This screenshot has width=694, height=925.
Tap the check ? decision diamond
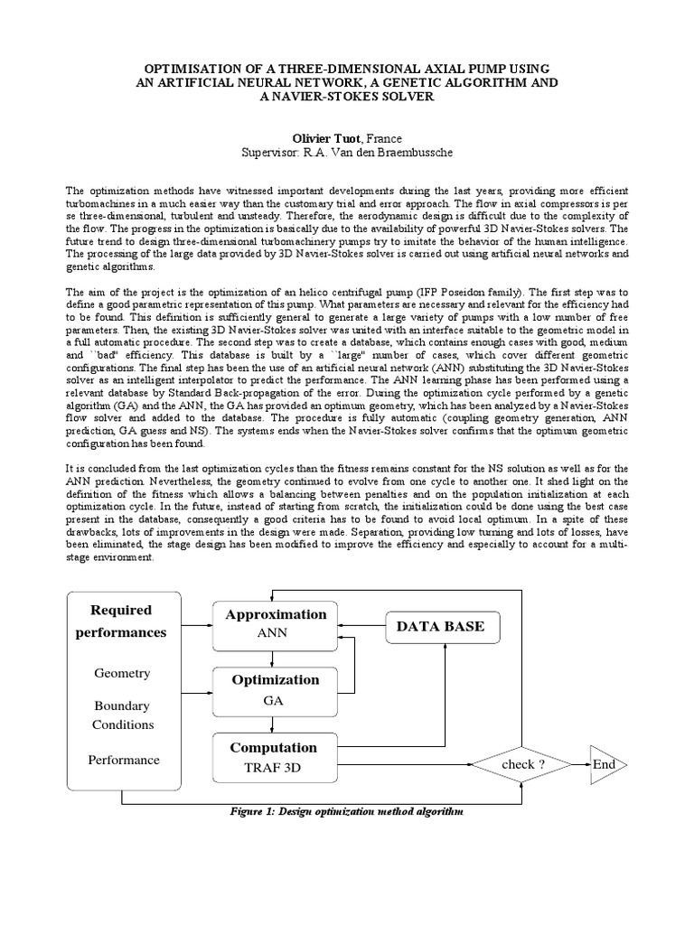(x=523, y=765)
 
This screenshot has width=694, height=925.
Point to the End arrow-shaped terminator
(x=605, y=765)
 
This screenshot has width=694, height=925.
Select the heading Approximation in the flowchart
(x=276, y=614)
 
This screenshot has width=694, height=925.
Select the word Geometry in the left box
(x=122, y=674)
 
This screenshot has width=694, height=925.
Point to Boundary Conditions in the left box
(x=122, y=715)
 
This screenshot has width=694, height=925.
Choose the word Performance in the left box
(x=123, y=760)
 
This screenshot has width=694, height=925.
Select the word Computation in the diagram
(x=273, y=748)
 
